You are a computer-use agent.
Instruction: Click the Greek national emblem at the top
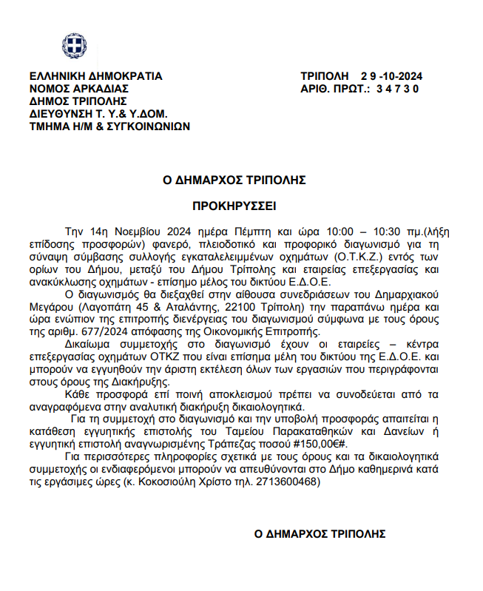pos(73,47)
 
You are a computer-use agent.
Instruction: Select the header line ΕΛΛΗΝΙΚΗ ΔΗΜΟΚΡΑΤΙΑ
pos(95,76)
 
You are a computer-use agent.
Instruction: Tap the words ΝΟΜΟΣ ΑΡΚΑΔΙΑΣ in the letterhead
pos(79,89)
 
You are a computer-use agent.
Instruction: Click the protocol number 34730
pos(397,89)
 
